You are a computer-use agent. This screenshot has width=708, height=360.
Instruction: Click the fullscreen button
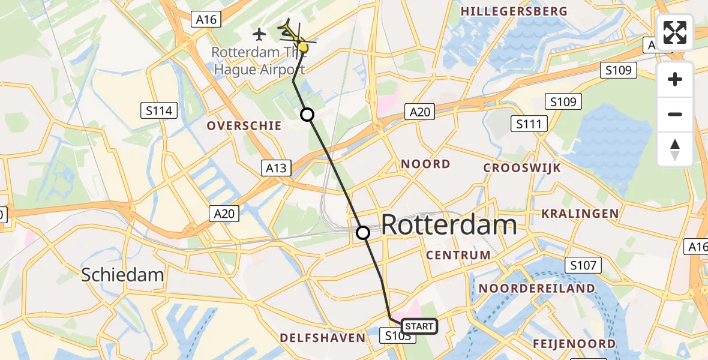pyautogui.click(x=675, y=32)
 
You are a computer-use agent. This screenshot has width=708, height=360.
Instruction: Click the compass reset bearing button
pyautogui.click(x=675, y=149)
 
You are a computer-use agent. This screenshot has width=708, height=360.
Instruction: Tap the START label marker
pyautogui.click(x=419, y=326)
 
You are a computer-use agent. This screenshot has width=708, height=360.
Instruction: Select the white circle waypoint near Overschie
pyautogui.click(x=307, y=115)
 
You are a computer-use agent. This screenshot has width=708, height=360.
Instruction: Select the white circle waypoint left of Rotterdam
pyautogui.click(x=363, y=233)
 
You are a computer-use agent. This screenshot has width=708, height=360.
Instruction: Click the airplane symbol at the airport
pyautogui.click(x=259, y=34)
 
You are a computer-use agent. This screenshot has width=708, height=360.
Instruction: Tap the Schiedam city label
pyautogui.click(x=122, y=275)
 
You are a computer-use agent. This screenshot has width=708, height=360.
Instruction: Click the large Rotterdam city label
pyautogui.click(x=449, y=225)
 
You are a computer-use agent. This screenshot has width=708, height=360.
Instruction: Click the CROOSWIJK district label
pyautogui.click(x=522, y=168)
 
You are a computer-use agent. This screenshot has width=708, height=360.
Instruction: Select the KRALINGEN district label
pyautogui.click(x=580, y=214)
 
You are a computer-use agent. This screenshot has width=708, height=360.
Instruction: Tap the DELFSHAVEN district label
pyautogui.click(x=323, y=338)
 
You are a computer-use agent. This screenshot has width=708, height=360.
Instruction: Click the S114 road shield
pyautogui.click(x=159, y=110)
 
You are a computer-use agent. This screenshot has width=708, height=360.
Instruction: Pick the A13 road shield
pyautogui.click(x=276, y=168)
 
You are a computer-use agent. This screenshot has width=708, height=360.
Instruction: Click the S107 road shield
pyautogui.click(x=583, y=265)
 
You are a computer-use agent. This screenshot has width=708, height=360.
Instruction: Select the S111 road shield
pyautogui.click(x=529, y=124)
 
